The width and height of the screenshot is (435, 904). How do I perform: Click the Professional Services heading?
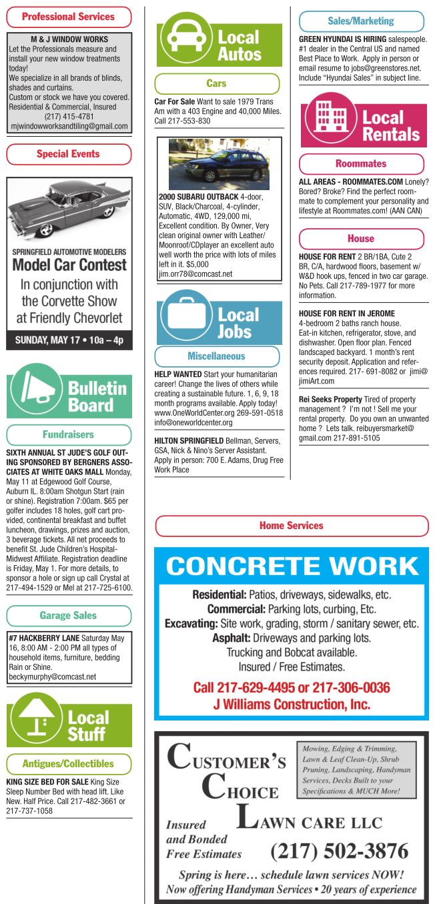coord(69,16)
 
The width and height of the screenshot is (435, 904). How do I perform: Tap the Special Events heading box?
coord(69,154)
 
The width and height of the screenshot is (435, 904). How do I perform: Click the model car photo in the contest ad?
coord(69,209)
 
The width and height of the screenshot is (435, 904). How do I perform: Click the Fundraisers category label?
coord(69,434)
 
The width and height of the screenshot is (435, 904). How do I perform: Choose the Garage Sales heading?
coord(69,615)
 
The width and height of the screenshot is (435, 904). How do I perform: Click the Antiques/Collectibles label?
coord(69,764)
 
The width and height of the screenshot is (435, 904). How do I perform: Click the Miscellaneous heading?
coord(216,356)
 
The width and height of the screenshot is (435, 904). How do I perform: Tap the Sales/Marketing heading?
coord(361,21)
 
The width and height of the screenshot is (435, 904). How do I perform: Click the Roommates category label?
coord(361,163)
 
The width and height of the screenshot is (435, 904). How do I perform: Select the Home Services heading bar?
coord(292,526)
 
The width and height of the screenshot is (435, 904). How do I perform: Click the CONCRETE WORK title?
coord(292,566)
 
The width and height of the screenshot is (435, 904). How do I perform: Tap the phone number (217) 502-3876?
coord(339,851)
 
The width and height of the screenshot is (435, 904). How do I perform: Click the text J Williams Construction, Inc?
coord(292,704)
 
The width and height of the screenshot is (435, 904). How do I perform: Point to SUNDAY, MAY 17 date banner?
coord(69,340)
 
